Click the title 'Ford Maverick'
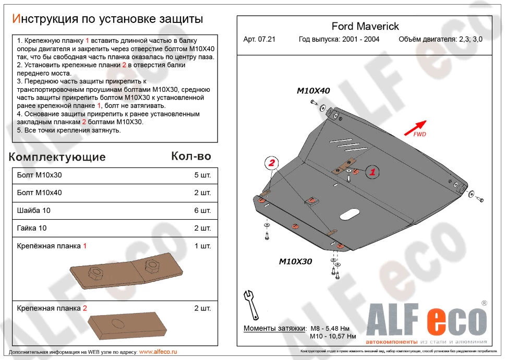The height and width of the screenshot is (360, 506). tap(365, 27)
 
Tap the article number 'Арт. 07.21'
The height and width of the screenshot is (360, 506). tap(259, 39)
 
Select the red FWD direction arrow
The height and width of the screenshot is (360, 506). tap(415, 127)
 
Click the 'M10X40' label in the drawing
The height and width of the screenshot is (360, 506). tap(313, 91)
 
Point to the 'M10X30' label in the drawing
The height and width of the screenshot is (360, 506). tap(295, 261)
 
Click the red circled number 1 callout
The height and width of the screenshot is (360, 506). tap(371, 171)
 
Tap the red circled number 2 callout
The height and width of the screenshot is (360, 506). tap(272, 164)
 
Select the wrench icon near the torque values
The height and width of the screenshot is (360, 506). tap(250, 305)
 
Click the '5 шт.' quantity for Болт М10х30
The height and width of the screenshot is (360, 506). tap(202, 176)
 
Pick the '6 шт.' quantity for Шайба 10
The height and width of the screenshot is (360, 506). tap(202, 210)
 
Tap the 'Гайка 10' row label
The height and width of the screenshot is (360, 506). tap(32, 228)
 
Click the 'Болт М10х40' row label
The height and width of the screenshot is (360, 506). tap(39, 193)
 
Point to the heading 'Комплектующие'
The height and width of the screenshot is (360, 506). tap(57, 157)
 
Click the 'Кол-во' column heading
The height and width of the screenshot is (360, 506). tap(191, 156)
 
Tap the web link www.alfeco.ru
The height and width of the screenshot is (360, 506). tap(158, 352)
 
